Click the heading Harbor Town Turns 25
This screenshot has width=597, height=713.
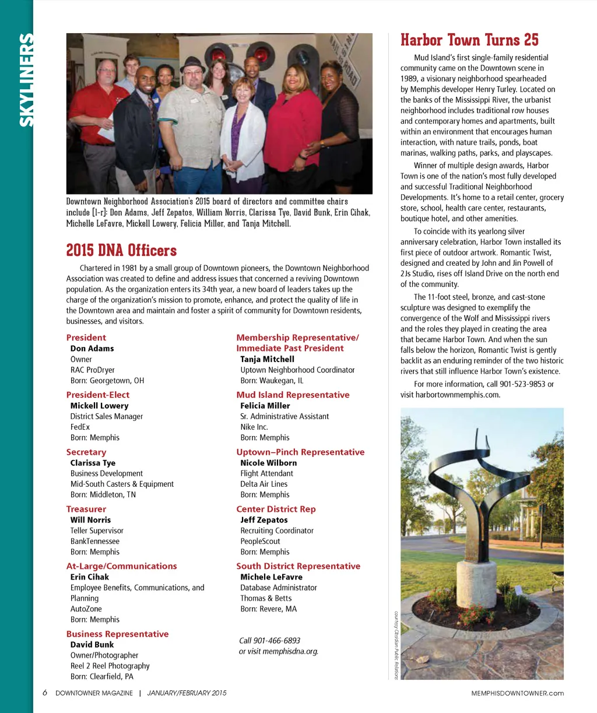469,40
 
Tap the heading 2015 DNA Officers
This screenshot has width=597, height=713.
121,251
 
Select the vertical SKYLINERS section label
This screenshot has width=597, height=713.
26,80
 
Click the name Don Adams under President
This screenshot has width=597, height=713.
92,349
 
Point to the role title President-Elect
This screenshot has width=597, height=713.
98,395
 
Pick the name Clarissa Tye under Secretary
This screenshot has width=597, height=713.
93,463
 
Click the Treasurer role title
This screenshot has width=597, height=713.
86,509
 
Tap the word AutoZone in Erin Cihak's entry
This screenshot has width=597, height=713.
86,609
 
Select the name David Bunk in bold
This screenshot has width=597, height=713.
92,645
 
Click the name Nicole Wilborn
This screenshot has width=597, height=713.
268,463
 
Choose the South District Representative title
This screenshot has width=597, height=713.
298,566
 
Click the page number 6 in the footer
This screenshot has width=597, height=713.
45,693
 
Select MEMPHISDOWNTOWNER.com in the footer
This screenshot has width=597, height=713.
518,693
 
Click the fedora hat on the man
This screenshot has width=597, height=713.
192,65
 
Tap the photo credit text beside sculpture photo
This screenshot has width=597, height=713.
396,645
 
